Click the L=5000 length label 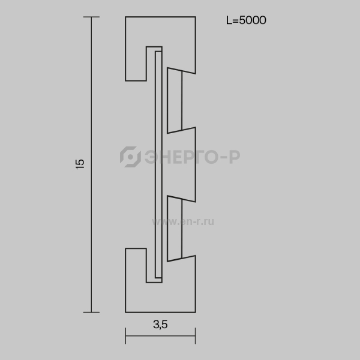point(246,20)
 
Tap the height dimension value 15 point(80,164)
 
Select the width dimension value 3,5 point(160,325)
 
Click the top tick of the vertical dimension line point(91,17)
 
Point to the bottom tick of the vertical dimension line point(91,312)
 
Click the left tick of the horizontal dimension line point(125,336)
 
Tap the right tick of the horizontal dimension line point(196,336)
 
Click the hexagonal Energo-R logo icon point(130,157)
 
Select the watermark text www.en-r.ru point(183,221)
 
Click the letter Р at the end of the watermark point(235,157)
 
